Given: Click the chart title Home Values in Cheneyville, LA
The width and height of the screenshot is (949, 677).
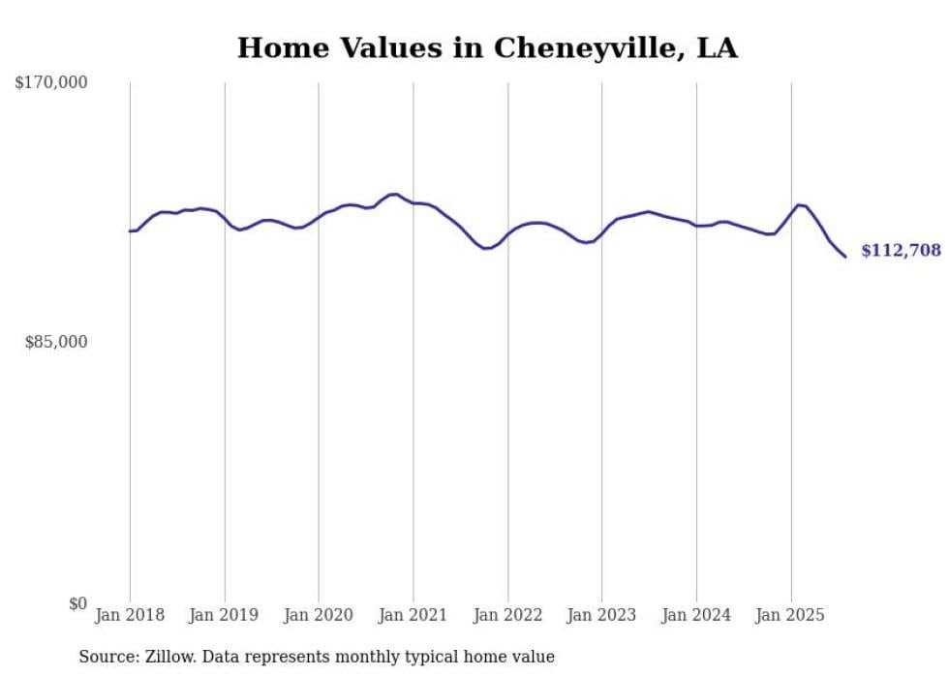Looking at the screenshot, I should click(x=487, y=48).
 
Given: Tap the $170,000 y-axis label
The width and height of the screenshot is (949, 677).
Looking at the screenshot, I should click(x=51, y=83).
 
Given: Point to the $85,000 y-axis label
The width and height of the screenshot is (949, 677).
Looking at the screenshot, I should click(x=56, y=342).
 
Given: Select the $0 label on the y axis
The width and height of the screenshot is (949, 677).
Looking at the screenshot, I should click(x=77, y=603).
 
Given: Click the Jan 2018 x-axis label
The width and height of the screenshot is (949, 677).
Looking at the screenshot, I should click(x=130, y=615).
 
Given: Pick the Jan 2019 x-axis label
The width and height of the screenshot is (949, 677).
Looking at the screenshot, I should click(x=225, y=615).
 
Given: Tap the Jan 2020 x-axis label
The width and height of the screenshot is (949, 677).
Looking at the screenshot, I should click(x=319, y=615).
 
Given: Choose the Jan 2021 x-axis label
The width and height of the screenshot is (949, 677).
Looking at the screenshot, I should click(x=413, y=615).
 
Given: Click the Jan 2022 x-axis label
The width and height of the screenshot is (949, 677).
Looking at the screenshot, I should click(x=507, y=615).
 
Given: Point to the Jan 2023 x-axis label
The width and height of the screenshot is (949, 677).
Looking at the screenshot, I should click(x=601, y=615).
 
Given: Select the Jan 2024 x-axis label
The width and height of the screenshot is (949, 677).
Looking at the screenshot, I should click(x=696, y=615).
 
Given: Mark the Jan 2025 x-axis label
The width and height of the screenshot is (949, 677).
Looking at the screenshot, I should click(x=790, y=615).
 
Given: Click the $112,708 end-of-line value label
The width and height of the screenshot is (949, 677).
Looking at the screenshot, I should click(x=901, y=251).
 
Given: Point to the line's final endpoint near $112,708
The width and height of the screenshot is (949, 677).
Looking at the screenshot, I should click(x=845, y=257).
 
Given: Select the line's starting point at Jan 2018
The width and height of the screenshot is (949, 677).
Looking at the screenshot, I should click(x=130, y=231).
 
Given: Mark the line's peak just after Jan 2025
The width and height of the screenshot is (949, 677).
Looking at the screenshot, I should click(x=798, y=204).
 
